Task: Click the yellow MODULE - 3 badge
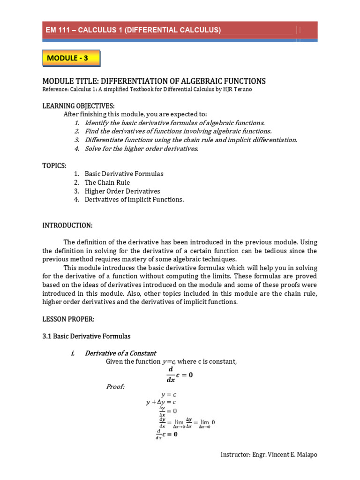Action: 71,58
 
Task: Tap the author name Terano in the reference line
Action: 242,90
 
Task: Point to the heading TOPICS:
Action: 54,165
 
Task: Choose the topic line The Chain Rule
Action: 107,182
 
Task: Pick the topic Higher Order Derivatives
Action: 122,191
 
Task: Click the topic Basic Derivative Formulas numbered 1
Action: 124,174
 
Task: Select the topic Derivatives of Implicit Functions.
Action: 134,200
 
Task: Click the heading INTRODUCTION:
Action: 67,225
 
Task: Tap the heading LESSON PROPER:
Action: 68,319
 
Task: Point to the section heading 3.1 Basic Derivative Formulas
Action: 87,336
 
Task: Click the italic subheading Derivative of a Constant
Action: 120,353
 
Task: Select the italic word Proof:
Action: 115,386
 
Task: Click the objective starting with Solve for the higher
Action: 142,149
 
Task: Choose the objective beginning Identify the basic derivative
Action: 174,123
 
